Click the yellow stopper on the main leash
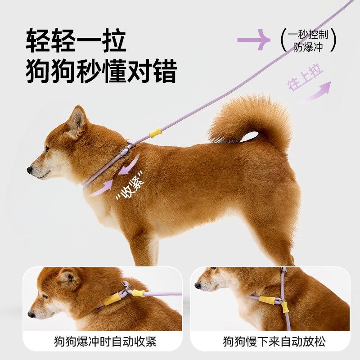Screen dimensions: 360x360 [155, 133]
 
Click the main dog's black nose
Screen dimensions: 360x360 [30, 170]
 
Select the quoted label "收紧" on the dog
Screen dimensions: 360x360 [130, 185]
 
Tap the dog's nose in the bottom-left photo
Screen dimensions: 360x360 [31, 314]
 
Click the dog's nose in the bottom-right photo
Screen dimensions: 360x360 [198, 285]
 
